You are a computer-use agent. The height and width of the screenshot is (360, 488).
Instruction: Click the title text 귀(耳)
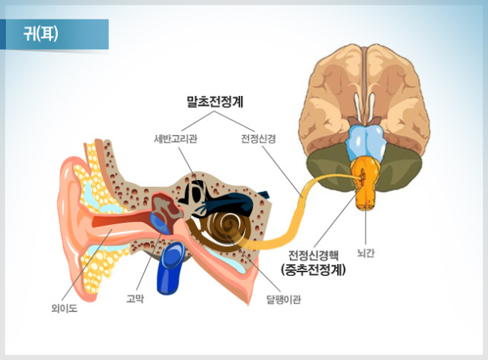click(x=41, y=34)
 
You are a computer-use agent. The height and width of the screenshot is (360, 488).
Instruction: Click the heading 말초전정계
click(x=215, y=102)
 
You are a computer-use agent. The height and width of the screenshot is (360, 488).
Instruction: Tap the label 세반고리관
click(x=176, y=139)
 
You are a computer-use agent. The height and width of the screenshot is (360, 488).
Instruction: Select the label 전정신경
click(x=258, y=139)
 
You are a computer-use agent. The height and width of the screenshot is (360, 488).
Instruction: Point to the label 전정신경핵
click(x=313, y=256)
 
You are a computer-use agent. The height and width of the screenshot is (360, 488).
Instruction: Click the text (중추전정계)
click(x=313, y=269)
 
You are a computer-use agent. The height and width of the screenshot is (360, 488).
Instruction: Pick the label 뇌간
click(x=366, y=253)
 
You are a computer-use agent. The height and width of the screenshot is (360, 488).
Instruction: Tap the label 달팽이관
click(x=284, y=299)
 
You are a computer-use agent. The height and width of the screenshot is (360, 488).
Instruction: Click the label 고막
click(x=134, y=298)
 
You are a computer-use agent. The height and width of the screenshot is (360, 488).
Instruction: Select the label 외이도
click(x=65, y=308)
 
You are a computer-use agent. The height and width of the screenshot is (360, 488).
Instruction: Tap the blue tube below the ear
click(x=170, y=268)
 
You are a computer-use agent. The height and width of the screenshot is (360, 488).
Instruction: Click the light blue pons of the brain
click(x=366, y=142)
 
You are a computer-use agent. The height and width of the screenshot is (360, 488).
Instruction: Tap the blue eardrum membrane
click(x=160, y=223)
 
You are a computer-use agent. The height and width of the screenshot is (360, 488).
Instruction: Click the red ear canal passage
click(x=122, y=220)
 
